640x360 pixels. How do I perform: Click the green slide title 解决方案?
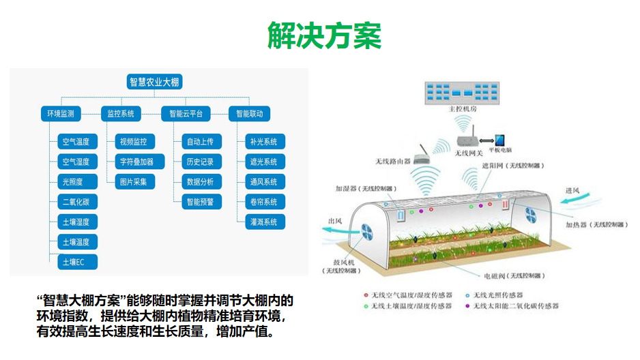323,35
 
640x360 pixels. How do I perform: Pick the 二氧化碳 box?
76,202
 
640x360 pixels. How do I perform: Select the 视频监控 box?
133,142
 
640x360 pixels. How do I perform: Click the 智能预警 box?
200,202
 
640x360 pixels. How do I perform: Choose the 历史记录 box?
200,162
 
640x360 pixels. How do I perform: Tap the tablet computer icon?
500,140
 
